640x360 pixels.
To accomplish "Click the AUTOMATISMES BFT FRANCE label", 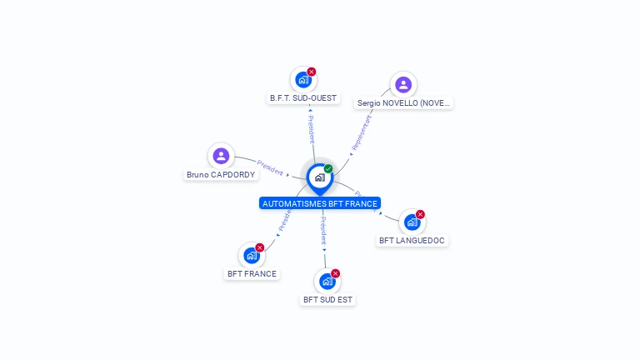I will [320, 203].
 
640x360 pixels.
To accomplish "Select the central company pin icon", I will [319, 177].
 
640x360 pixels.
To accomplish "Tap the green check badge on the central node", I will [328, 168].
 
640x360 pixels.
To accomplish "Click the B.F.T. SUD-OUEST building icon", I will [303, 80].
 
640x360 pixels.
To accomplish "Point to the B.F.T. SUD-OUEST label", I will [303, 98].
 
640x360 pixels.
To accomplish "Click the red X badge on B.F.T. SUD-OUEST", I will [312, 72].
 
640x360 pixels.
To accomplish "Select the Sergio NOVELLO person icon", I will [403, 84].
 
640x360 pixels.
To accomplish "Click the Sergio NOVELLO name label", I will [403, 103].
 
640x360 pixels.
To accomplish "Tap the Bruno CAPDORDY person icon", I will [221, 156].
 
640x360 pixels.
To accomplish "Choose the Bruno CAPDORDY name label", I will [221, 175].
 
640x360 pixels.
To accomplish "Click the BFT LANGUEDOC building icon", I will [412, 222].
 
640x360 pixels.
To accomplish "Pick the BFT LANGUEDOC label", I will [412, 241].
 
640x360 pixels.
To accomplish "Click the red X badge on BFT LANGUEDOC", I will [420, 214].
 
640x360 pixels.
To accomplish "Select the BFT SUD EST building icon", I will [327, 282].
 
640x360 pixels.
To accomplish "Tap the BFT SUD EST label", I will [327, 299].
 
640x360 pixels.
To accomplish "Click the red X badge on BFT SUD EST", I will [336, 273].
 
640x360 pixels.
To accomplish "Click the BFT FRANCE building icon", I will [252, 256].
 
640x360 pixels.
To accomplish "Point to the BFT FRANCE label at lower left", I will [252, 273].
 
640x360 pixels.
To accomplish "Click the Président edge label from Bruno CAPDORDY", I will [270, 167].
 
